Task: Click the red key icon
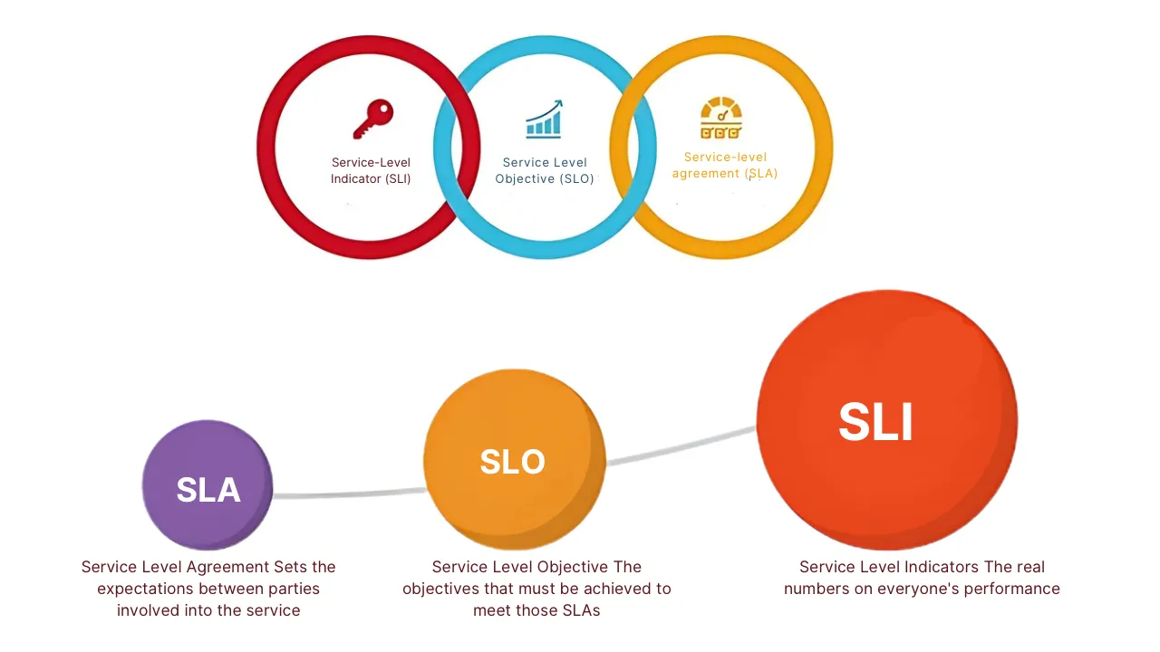[x=372, y=120]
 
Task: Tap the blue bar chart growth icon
[x=544, y=119]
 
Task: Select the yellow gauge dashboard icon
[x=721, y=119]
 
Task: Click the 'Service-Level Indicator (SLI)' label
[x=371, y=170]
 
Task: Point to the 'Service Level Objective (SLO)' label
[x=545, y=170]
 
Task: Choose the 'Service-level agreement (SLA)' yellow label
[x=725, y=165]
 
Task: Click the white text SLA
[x=208, y=490]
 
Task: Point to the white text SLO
[x=512, y=462]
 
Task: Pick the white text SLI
[x=875, y=422]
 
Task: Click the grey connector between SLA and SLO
[x=349, y=494]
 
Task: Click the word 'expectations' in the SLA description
[x=142, y=589]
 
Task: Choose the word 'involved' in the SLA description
[x=148, y=610]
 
